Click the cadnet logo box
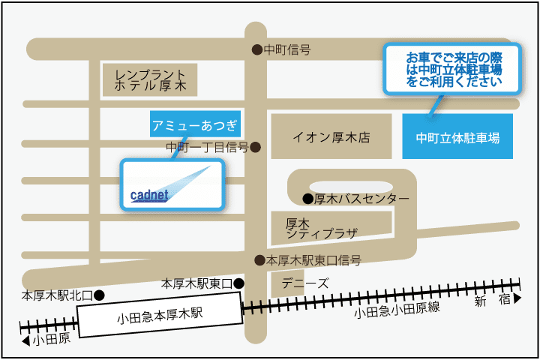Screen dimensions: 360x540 pyautogui.click(x=173, y=184)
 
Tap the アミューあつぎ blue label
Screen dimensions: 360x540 pyautogui.click(x=194, y=124)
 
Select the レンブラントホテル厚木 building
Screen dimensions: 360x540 pyautogui.click(x=150, y=79)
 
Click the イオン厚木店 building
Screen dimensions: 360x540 pyautogui.click(x=331, y=136)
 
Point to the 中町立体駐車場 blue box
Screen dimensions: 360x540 pyautogui.click(x=457, y=137)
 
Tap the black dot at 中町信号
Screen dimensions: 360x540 pyautogui.click(x=257, y=50)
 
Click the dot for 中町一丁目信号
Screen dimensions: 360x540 pyautogui.click(x=255, y=147)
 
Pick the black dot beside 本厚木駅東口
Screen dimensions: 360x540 pyautogui.click(x=238, y=283)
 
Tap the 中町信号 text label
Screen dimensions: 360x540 pyautogui.click(x=288, y=50)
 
